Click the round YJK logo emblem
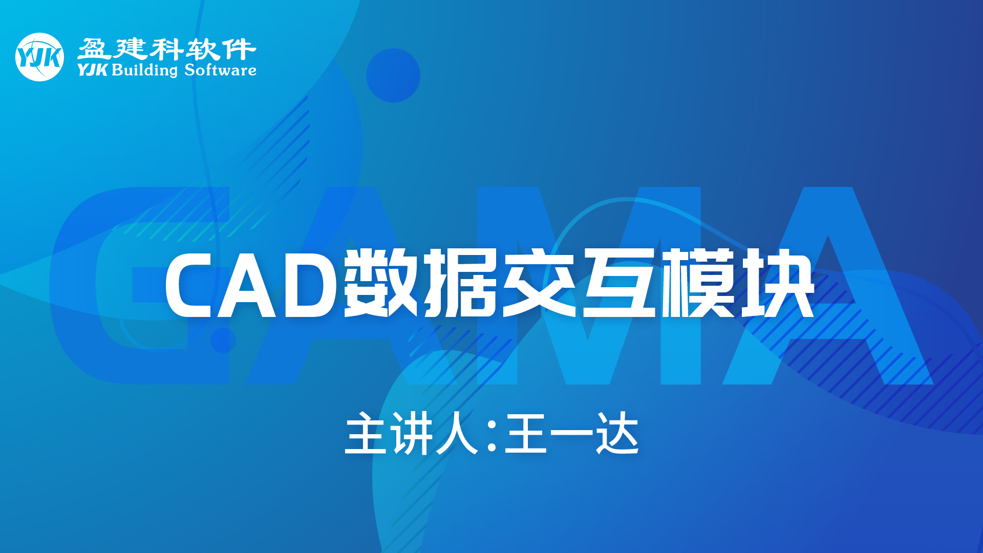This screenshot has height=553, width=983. (x=39, y=57)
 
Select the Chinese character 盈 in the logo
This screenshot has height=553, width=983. (x=94, y=50)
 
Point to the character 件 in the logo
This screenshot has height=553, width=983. (x=240, y=50)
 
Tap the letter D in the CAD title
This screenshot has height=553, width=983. (x=310, y=284)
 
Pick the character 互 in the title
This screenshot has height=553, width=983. (x=619, y=283)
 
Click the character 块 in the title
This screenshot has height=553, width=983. (x=777, y=283)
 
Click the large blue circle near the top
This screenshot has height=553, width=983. (x=393, y=75)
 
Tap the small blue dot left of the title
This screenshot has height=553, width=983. (x=223, y=341)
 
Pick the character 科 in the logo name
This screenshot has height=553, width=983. (x=166, y=50)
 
